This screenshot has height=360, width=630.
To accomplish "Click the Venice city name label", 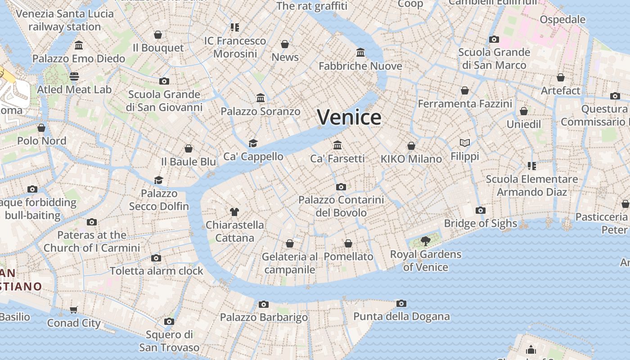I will click(x=349, y=117).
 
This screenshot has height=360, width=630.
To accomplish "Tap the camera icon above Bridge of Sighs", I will click(x=481, y=210).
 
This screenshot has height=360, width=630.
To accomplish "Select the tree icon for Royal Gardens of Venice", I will click(x=425, y=241).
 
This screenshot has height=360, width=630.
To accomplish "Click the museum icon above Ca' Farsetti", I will click(x=337, y=145).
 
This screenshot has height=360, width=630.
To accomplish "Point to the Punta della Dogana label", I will click(x=401, y=316).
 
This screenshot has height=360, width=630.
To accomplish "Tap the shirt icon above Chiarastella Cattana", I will click(x=234, y=211).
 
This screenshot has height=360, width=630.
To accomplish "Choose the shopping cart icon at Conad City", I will click(x=74, y=310).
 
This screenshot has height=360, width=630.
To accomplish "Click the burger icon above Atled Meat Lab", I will click(x=74, y=76).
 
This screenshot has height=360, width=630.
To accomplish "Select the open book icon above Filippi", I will click(x=465, y=143).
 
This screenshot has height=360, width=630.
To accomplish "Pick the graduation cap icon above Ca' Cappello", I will click(x=253, y=143).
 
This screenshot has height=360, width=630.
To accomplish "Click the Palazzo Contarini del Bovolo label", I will click(x=341, y=206).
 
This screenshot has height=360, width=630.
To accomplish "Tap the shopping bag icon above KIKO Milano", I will click(x=411, y=146).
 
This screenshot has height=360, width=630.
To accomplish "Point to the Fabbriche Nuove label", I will click(x=360, y=66).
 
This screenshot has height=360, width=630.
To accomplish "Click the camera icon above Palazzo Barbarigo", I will click(x=264, y=304).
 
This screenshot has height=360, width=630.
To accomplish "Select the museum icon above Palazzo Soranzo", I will click(x=261, y=98).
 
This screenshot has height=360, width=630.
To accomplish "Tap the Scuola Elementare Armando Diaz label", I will click(x=532, y=185).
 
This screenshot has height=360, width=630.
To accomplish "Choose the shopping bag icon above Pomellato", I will click(x=348, y=243).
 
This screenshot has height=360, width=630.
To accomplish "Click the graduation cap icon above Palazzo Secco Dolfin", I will click(x=158, y=180).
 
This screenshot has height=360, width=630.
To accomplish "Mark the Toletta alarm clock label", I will click(x=157, y=271).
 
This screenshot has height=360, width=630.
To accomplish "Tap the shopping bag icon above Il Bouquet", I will click(x=158, y=35).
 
